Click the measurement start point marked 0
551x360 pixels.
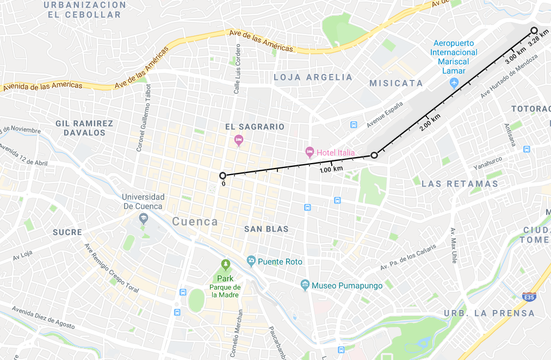click(x=222, y=175)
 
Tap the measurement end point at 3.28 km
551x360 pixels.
click(x=534, y=30)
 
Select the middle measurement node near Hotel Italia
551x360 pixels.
click(x=374, y=155)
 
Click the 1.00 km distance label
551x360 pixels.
click(x=331, y=170)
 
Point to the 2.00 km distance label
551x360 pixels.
click(x=430, y=123)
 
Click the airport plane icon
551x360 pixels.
click(x=455, y=83)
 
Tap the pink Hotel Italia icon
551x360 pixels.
click(x=309, y=151)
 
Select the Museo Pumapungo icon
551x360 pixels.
click(x=305, y=285)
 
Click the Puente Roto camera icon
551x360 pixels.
click(x=251, y=261)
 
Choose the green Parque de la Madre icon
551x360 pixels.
click(x=225, y=265)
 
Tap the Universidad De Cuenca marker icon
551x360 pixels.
click(x=143, y=219)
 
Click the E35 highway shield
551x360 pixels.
click(x=528, y=297)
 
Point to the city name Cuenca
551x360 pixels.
click(x=195, y=222)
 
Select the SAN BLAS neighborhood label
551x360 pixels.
click(x=266, y=229)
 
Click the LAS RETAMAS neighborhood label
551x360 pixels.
click(x=460, y=184)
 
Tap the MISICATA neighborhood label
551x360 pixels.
click(x=396, y=83)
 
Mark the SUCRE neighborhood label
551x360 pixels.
click(x=67, y=232)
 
